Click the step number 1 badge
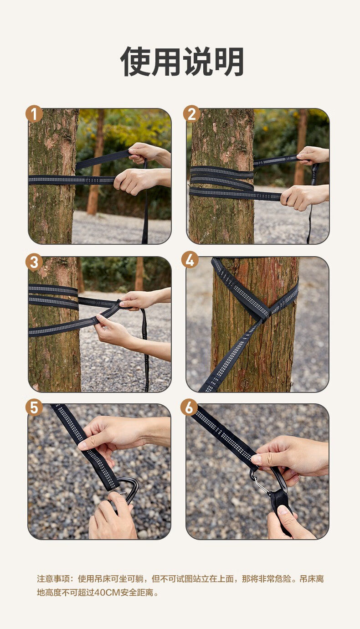[x=34, y=114]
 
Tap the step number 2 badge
[x=192, y=114]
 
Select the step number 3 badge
[x=34, y=263]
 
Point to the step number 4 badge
[x=190, y=260]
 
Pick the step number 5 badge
[x=34, y=407]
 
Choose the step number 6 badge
[x=189, y=407]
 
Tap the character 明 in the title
[x=228, y=62]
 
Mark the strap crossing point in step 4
[x=265, y=317]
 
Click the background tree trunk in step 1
[x=96, y=163]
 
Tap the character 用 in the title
[x=166, y=62]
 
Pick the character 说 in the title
[x=197, y=62]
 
